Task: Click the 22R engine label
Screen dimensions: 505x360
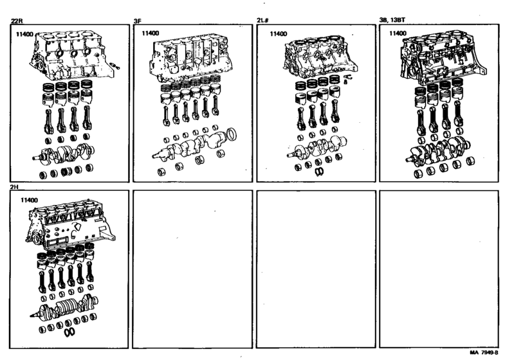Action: (x=17, y=21)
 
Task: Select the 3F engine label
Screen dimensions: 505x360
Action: (x=138, y=21)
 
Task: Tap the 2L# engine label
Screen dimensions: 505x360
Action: (x=263, y=21)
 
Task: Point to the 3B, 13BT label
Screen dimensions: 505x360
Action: (x=392, y=20)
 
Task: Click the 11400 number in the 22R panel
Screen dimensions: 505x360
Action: (x=25, y=34)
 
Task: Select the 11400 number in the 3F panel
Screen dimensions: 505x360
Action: (x=151, y=33)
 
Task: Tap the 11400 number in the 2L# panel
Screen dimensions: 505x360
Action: (x=279, y=34)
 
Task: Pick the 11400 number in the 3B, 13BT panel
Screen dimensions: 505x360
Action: (x=398, y=33)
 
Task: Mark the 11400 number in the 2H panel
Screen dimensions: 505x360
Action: (x=30, y=200)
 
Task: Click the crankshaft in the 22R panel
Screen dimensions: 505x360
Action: (x=64, y=154)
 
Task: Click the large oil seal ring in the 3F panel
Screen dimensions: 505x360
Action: (x=232, y=134)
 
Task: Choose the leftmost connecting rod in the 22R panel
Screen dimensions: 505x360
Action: (x=48, y=122)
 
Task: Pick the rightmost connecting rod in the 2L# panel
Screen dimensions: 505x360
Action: (x=335, y=112)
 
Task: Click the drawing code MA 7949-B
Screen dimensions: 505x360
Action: (x=483, y=352)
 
